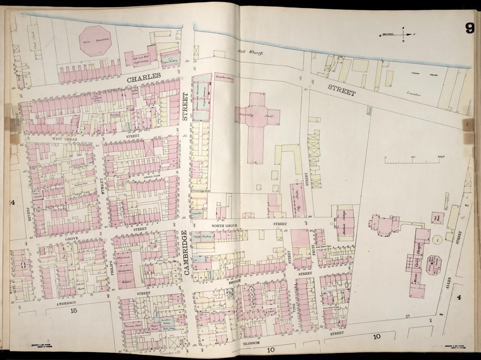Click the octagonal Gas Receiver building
pos(95,41)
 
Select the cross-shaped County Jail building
pos(258,116)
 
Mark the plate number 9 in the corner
pos(470,29)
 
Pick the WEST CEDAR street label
pos(65,139)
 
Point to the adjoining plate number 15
pos(73,311)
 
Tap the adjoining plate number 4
pos(459,298)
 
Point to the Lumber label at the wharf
pos(414,94)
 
